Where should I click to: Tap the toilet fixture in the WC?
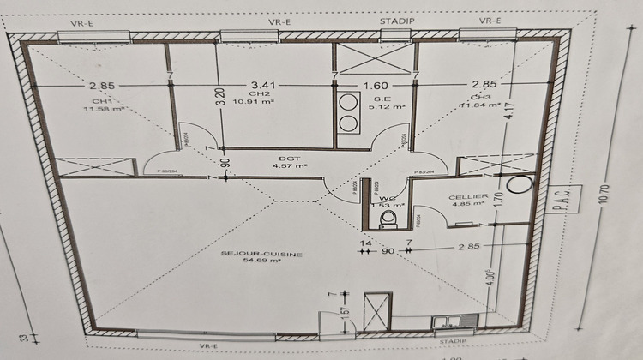[x=389, y=220]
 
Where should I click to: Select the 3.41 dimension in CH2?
[x=262, y=86]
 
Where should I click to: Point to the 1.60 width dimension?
[x=376, y=86]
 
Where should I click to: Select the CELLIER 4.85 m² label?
[x=468, y=201]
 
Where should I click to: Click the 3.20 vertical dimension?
[x=219, y=95]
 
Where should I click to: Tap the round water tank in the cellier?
[x=518, y=183]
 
